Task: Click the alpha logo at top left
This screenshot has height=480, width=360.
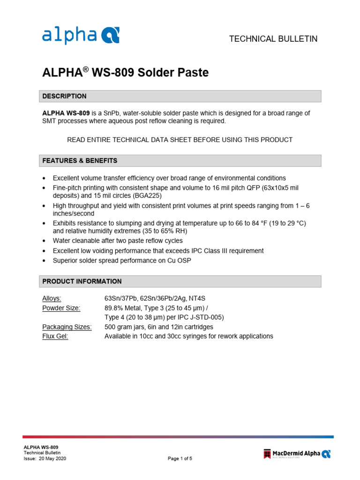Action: (x=81, y=35)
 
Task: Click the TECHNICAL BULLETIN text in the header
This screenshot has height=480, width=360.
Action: (x=273, y=39)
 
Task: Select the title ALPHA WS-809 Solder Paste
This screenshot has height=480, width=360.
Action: (x=125, y=73)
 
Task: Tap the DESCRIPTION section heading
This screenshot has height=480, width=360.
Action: (x=65, y=96)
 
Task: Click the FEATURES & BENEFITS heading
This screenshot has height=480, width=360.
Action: (x=80, y=161)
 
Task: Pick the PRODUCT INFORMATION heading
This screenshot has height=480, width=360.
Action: (x=82, y=281)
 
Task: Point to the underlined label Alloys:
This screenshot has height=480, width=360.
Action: (x=52, y=298)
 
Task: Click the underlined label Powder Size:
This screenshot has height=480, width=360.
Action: (x=61, y=308)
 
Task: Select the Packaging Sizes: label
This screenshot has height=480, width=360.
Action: (x=67, y=327)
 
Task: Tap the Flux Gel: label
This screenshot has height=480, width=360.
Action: (x=55, y=336)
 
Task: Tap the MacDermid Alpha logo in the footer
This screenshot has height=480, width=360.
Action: (x=297, y=453)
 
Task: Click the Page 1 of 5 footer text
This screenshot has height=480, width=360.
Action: (x=180, y=459)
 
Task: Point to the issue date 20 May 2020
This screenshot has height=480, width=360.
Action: (x=52, y=459)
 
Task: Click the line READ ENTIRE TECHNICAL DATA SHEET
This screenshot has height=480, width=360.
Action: (x=180, y=140)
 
